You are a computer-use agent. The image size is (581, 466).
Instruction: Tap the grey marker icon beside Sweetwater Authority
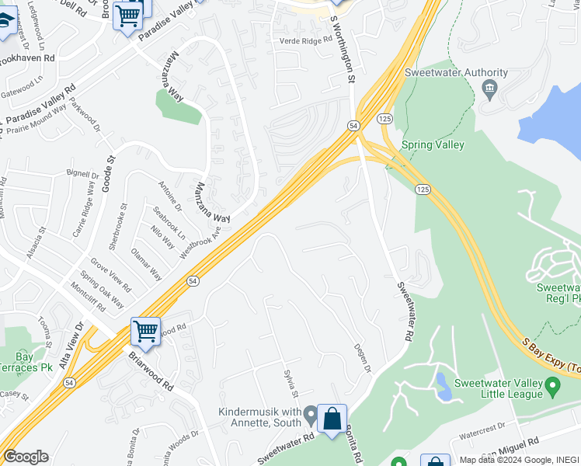point(489,87)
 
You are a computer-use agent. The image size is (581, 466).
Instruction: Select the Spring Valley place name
point(433,145)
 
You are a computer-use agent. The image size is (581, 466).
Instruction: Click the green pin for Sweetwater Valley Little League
point(552,385)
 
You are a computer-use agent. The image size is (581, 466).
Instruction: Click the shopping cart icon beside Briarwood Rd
point(145,331)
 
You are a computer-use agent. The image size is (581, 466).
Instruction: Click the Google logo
point(26,457)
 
